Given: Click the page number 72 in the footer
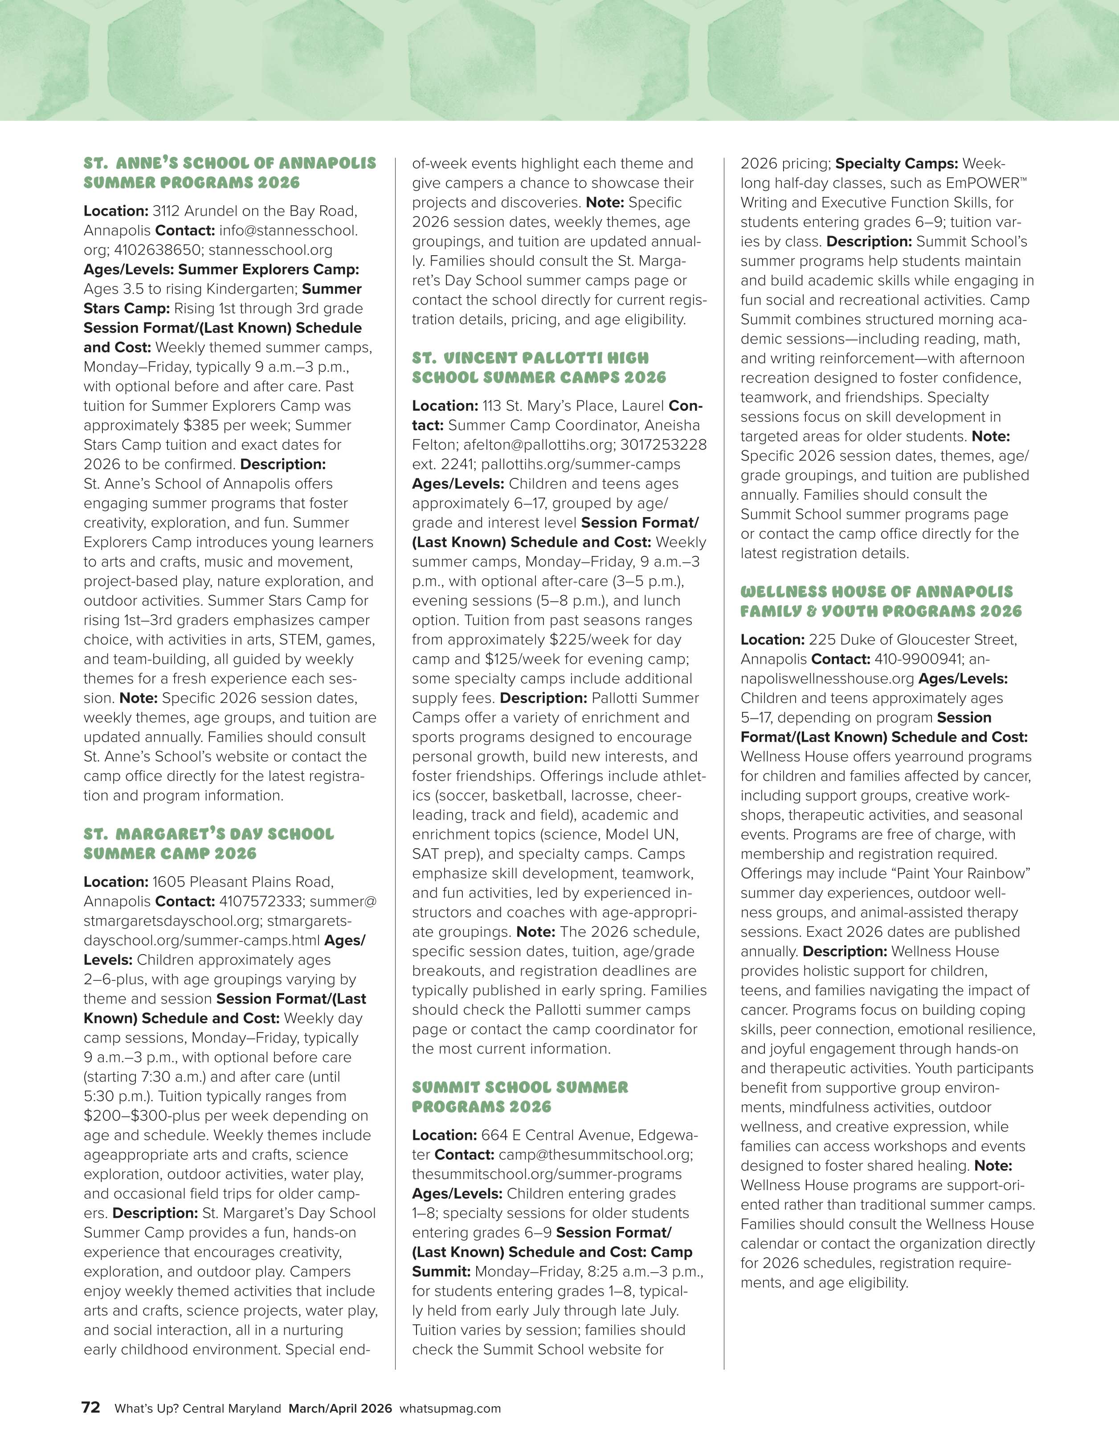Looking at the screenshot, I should pos(90,1408).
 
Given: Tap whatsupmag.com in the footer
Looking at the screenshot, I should pos(450,1408).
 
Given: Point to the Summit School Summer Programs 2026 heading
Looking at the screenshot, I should pos(519,1097).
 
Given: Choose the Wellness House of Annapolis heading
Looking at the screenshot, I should pos(880,601).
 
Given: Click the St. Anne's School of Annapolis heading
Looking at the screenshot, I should pos(229,173).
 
